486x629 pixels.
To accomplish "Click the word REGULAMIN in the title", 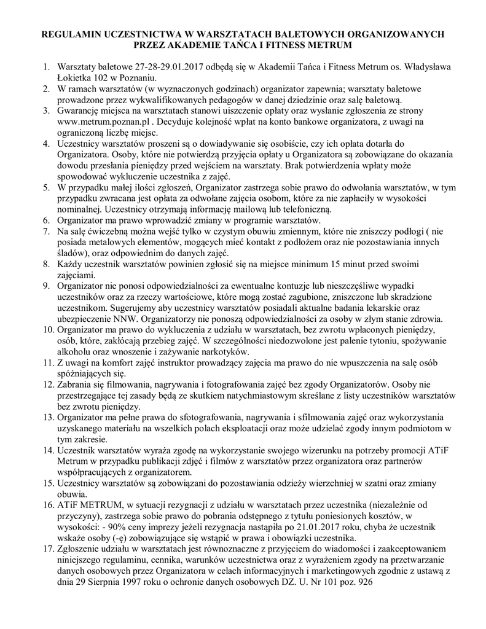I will (x=68, y=34).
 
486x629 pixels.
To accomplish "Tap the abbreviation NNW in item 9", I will (x=127, y=319).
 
